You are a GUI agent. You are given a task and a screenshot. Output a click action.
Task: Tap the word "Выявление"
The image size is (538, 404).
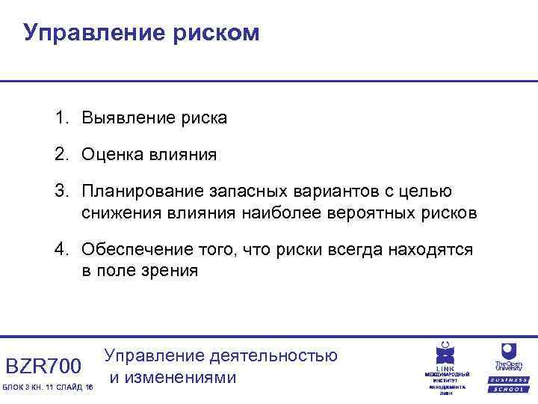[128, 118]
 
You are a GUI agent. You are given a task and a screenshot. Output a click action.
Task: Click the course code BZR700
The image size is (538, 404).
[43, 366]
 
